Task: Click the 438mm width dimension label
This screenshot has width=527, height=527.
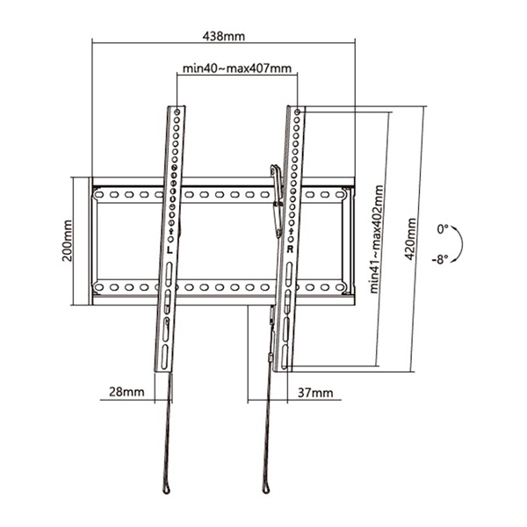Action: pos(223,36)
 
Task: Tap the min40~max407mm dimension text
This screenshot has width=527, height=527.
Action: pos(236,68)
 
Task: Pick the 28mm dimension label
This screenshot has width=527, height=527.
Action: pos(120,393)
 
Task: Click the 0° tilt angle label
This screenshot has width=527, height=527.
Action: pos(444,228)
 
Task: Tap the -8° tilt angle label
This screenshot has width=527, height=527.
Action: pos(440,259)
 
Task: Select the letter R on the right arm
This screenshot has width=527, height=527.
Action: pos(289,249)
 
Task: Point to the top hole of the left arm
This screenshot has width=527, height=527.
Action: pos(179,112)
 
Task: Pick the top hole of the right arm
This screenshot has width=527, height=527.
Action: pos(298,112)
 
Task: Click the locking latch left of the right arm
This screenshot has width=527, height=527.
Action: pos(277,198)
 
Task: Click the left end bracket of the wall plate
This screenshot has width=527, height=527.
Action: pos(93,241)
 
